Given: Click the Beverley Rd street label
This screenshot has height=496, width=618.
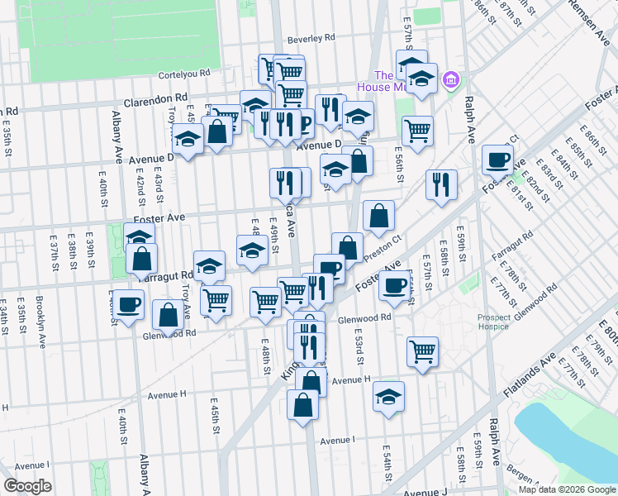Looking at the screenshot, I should (x=311, y=38).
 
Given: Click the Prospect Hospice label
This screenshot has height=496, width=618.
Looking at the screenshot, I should (x=499, y=322).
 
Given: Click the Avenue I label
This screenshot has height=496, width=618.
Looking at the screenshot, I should (x=336, y=440).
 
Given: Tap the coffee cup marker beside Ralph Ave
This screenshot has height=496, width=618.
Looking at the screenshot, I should (x=497, y=159).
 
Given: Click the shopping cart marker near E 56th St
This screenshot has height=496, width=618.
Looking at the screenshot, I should (x=417, y=129).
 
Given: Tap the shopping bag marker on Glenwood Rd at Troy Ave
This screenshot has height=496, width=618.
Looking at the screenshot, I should (x=168, y=315).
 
